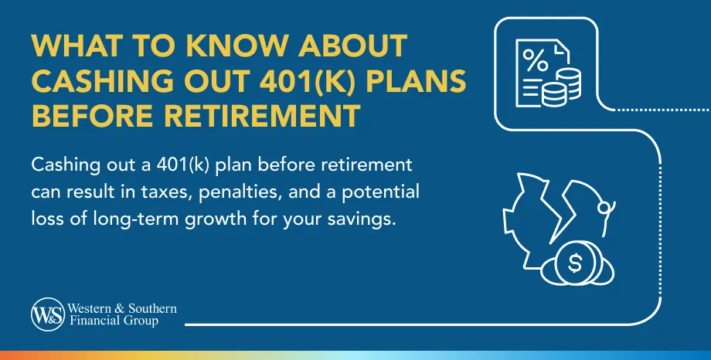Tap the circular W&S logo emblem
click(x=43, y=314)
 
